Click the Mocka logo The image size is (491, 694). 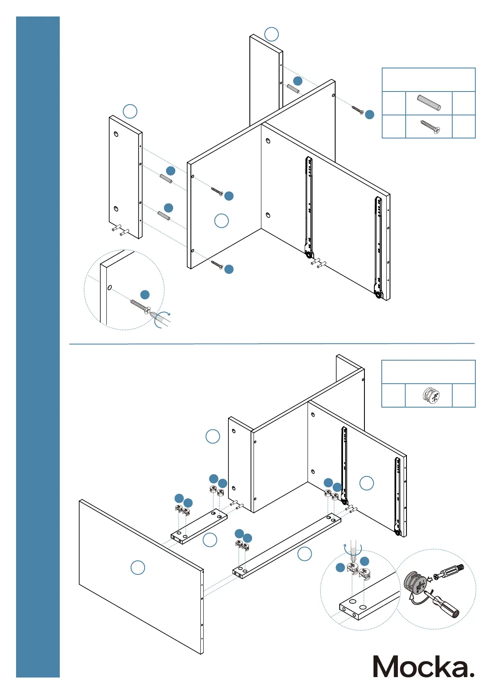click(x=423, y=666)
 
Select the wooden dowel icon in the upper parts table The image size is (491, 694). click(x=429, y=103)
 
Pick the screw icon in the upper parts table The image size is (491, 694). click(x=430, y=127)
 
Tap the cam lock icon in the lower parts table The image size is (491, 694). click(x=431, y=395)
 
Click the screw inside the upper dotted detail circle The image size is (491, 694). click(x=140, y=306)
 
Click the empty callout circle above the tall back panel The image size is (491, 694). click(x=271, y=34)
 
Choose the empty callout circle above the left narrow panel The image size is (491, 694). click(x=130, y=111)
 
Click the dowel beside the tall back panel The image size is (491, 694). click(x=293, y=89)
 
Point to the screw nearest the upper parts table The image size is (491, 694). click(x=357, y=110)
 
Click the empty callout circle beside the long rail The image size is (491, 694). click(x=304, y=554)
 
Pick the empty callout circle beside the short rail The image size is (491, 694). click(x=210, y=540)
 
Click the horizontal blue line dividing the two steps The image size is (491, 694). click(x=272, y=343)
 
